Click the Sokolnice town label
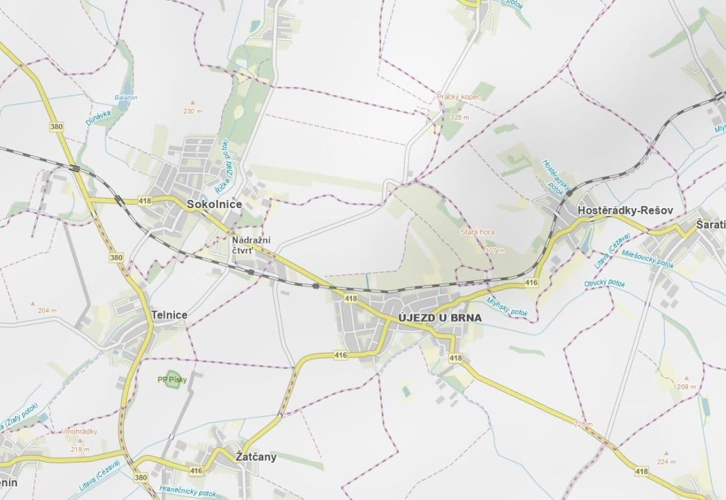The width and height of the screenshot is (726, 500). click(214, 204)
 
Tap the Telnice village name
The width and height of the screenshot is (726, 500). click(169, 315)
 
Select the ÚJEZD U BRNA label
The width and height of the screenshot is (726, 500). click(440, 317)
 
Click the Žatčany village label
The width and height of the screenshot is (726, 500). click(256, 457)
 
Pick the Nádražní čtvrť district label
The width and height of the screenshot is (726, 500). click(251, 245)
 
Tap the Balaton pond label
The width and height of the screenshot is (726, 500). click(126, 97)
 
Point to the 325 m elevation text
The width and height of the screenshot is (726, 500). click(459, 117)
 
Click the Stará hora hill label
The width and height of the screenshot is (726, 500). click(477, 232)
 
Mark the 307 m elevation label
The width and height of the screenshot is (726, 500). click(494, 250)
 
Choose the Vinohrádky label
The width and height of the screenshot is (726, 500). click(79, 431)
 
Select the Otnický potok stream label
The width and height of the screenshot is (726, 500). click(604, 283)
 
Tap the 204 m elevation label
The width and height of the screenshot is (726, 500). click(47, 311)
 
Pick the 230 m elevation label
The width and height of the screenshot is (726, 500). click(192, 111)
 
